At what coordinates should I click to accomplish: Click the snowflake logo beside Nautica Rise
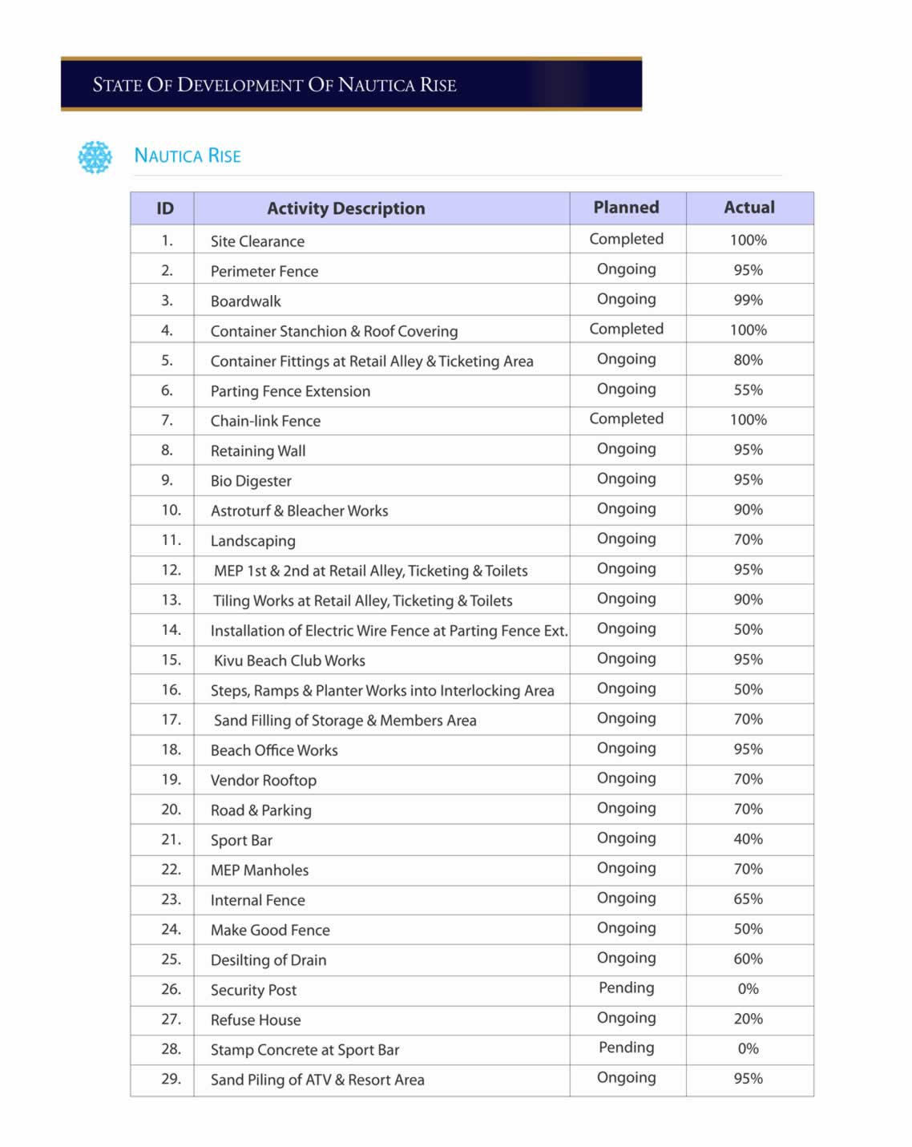coord(95,157)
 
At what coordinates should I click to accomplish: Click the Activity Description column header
coord(345,208)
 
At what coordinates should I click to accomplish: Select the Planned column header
coord(626,208)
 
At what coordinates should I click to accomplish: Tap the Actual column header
coord(749,208)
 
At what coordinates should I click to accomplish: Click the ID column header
coord(165,208)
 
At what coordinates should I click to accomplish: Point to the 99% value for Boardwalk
coord(748,300)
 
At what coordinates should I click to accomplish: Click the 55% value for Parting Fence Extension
coord(748,390)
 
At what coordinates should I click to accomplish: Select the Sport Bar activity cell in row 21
coord(241,840)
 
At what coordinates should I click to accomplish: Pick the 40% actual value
coord(748,838)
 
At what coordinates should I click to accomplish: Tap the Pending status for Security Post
coord(626,987)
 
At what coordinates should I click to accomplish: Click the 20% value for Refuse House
coord(748,1018)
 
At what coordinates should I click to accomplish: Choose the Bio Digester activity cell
coord(251,481)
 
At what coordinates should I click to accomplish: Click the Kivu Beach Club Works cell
coord(289,660)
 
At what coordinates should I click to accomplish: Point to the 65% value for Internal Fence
coord(748,899)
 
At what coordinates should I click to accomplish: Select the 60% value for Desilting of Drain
coord(748,959)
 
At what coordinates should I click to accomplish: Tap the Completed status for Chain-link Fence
coord(626,418)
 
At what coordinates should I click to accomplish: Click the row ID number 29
coord(171,1078)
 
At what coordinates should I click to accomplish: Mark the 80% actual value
coord(748,360)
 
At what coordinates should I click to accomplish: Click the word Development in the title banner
coord(240,85)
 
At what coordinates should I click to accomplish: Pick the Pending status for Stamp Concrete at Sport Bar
coord(626,1048)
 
